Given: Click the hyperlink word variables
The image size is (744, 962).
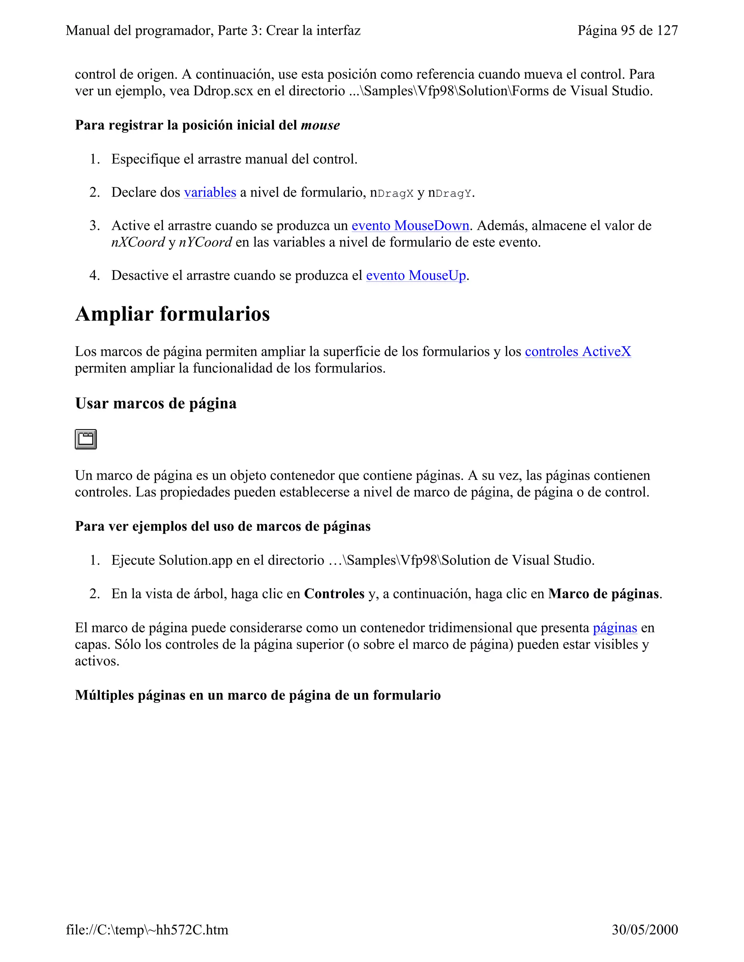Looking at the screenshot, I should click(210, 192).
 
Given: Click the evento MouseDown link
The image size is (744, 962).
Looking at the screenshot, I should click(410, 225).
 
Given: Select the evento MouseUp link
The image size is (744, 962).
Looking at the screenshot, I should click(416, 275).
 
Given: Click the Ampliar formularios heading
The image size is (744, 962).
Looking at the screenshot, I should click(172, 314).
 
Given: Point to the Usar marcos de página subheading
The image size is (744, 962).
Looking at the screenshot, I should click(155, 403).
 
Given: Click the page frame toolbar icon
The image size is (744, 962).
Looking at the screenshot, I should click(86, 439).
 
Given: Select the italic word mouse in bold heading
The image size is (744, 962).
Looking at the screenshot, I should click(320, 126).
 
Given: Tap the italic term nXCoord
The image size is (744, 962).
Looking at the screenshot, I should click(138, 242).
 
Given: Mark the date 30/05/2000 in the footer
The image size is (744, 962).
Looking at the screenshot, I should click(644, 929).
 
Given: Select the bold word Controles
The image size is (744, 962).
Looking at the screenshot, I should click(334, 594).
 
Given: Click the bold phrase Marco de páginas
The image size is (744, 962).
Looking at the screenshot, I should click(603, 594).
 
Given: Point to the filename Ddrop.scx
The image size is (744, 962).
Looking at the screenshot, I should click(223, 91).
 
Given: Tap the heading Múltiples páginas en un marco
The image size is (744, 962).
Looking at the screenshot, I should click(258, 695).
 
